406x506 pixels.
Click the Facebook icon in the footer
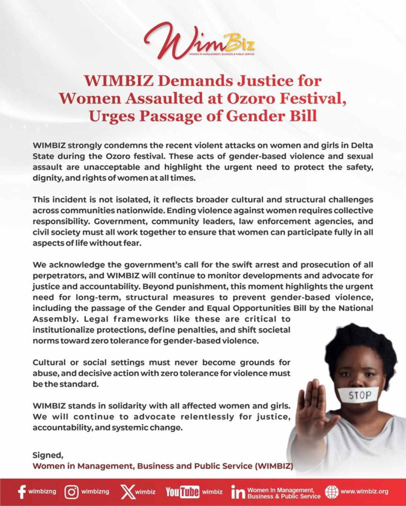22,492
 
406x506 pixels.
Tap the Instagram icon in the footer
72,492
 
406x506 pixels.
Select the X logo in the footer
128,492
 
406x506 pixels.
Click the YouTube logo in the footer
182,492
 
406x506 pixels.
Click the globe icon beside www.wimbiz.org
331,491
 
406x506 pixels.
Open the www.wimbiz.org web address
364,491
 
